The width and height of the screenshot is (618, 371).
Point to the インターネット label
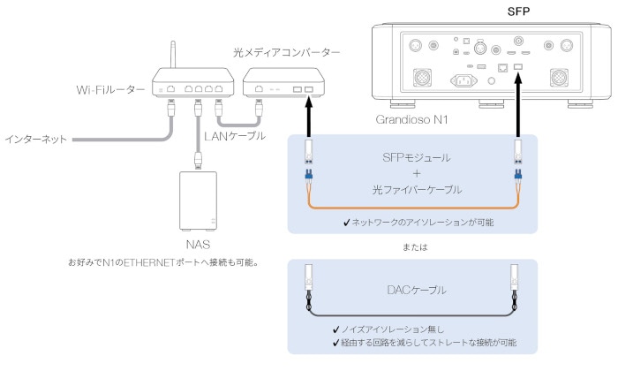[34, 140]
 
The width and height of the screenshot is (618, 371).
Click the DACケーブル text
[411, 290]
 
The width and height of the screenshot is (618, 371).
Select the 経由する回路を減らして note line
[423, 342]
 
